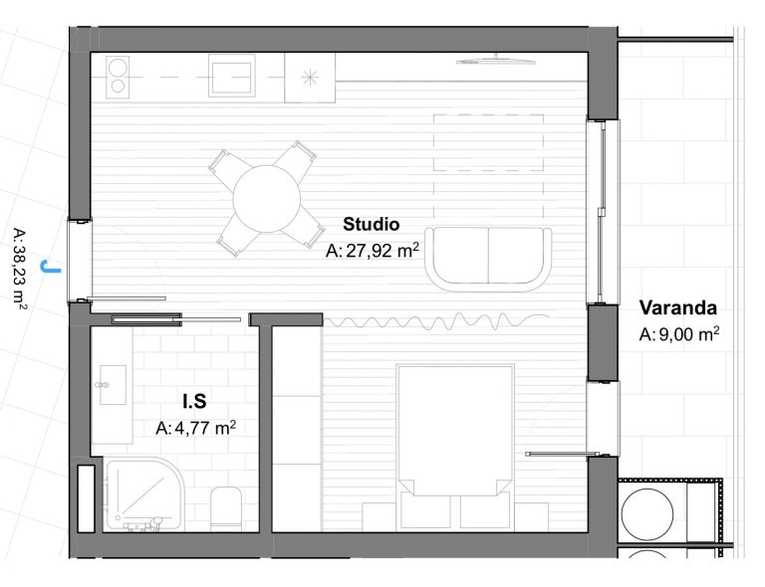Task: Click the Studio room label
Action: [371, 224]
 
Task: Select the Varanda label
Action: [678, 307]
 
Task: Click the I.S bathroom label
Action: [194, 401]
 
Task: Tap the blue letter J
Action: [51, 267]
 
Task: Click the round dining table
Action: [266, 199]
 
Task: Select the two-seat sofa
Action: [488, 259]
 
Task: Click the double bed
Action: [455, 447]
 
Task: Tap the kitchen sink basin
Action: [232, 76]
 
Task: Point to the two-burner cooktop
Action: [118, 77]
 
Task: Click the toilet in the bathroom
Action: [226, 508]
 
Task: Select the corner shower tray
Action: [144, 493]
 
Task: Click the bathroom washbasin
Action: [113, 385]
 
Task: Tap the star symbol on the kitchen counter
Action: [310, 77]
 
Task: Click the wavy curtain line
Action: [436, 321]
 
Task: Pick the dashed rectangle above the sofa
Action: [488, 142]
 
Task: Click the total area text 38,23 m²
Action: [20, 269]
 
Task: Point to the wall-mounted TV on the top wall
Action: [496, 60]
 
